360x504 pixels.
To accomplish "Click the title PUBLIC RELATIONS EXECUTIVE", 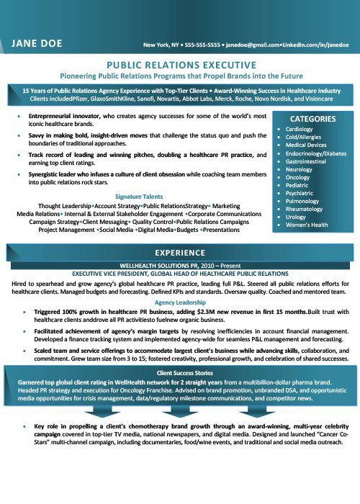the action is (180, 63).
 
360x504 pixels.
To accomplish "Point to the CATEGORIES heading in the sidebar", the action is (312, 119).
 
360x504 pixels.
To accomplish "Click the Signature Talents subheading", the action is (140, 197).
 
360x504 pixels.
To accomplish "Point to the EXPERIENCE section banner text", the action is (180, 252).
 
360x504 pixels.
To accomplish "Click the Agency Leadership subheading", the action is (180, 302).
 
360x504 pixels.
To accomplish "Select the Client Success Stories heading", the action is (180, 373).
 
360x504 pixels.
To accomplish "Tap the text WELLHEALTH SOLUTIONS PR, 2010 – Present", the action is (180, 265).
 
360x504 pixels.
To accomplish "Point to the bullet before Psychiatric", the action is (279, 193).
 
